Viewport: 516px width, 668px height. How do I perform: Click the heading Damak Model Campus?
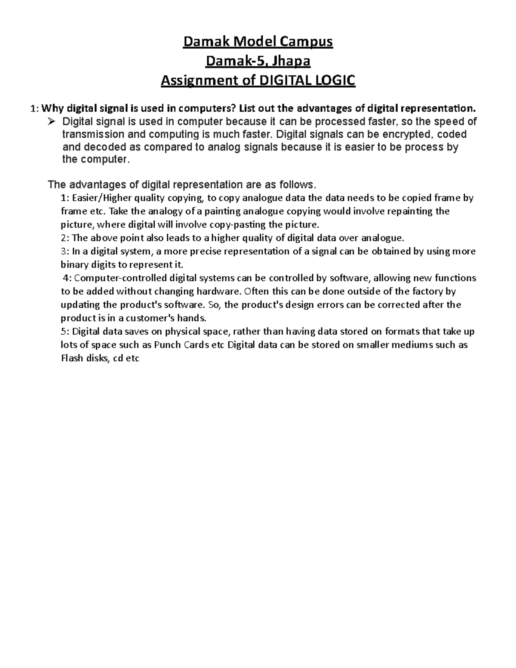click(x=258, y=42)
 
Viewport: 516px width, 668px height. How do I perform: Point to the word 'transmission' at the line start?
click(x=89, y=134)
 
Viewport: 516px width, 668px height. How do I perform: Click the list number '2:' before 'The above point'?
click(x=65, y=238)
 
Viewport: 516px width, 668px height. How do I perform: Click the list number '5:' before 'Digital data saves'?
click(x=65, y=332)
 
